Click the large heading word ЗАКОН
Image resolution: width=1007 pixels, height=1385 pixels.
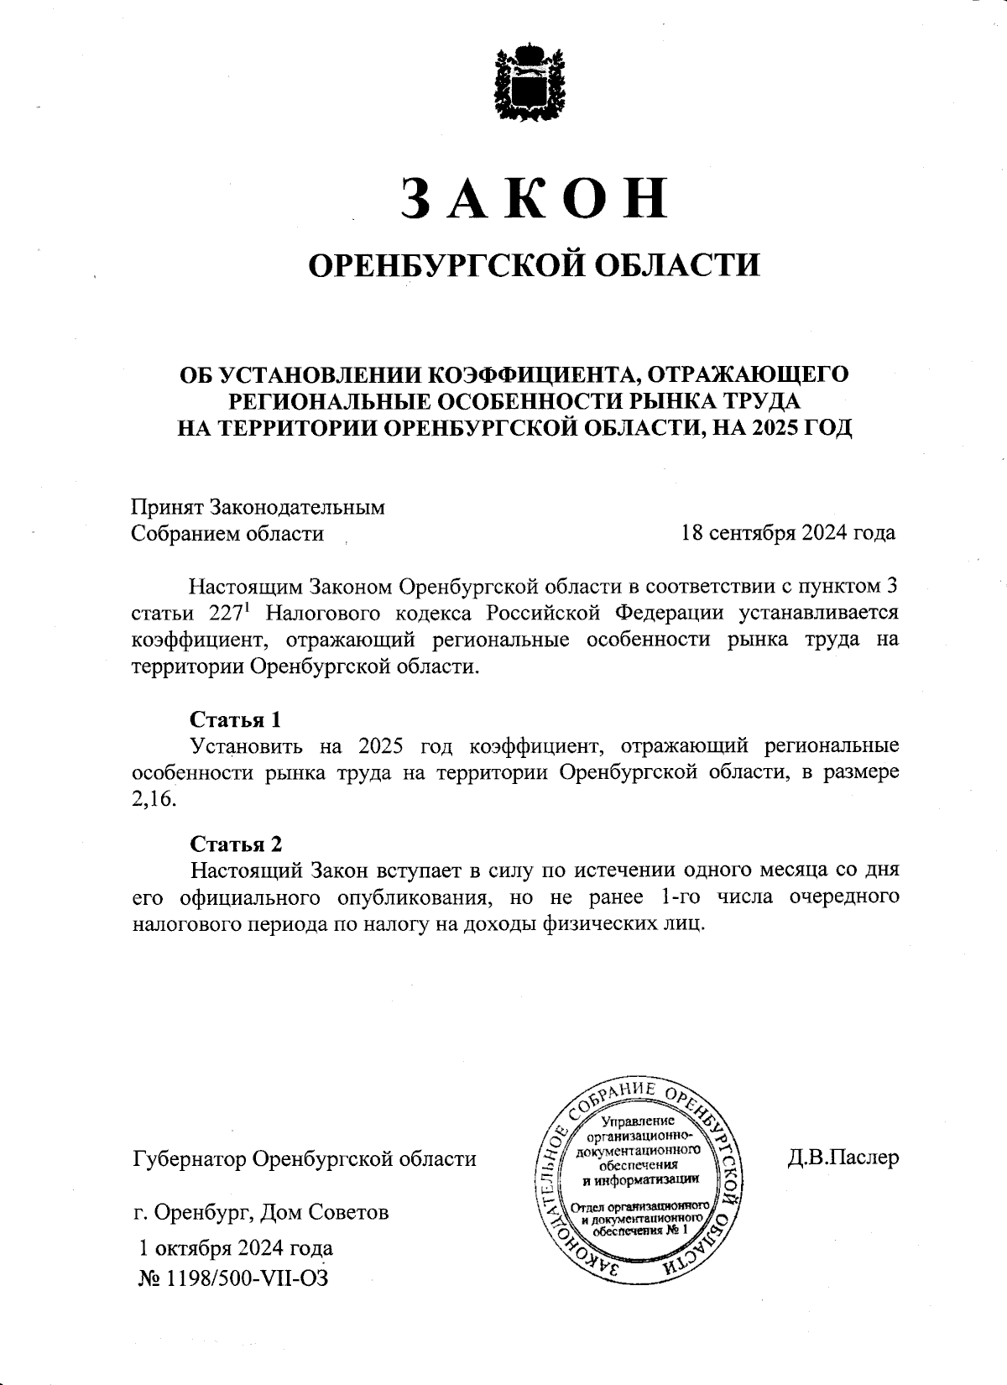(x=535, y=198)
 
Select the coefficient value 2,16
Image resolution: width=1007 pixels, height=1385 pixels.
(x=154, y=798)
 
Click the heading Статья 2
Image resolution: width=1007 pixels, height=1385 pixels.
(x=236, y=844)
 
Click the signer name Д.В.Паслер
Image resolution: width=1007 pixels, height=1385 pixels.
(x=843, y=1158)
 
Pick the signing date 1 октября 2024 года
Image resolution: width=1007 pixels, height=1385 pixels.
(x=237, y=1248)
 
